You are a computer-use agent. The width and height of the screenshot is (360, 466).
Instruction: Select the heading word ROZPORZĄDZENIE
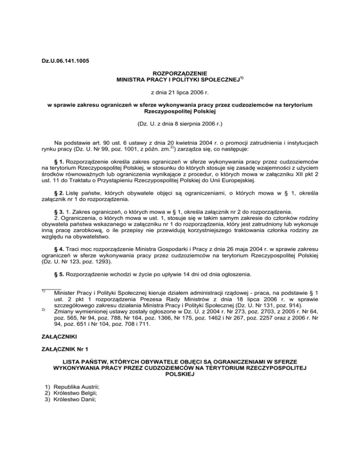click(x=180, y=74)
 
